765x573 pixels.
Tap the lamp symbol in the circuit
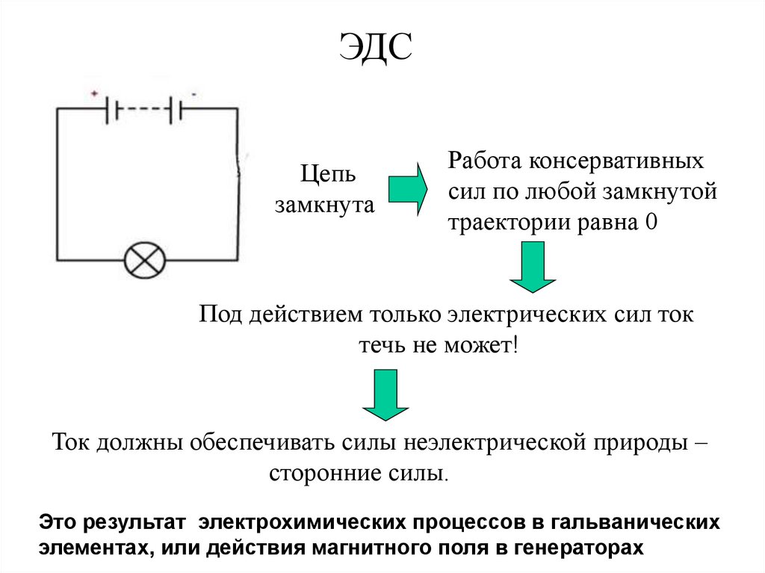click(144, 260)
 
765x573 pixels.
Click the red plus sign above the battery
click(95, 93)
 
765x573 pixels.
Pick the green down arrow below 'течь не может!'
click(385, 397)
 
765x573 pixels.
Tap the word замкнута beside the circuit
click(324, 205)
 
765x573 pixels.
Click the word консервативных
click(617, 161)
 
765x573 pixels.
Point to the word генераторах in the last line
click(578, 546)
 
